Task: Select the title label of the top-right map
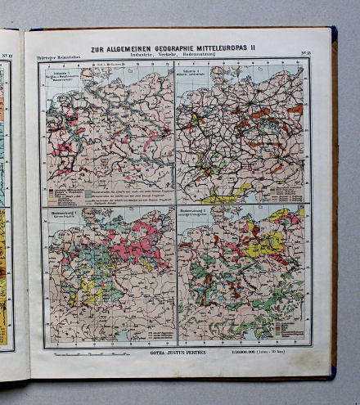[195, 76]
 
